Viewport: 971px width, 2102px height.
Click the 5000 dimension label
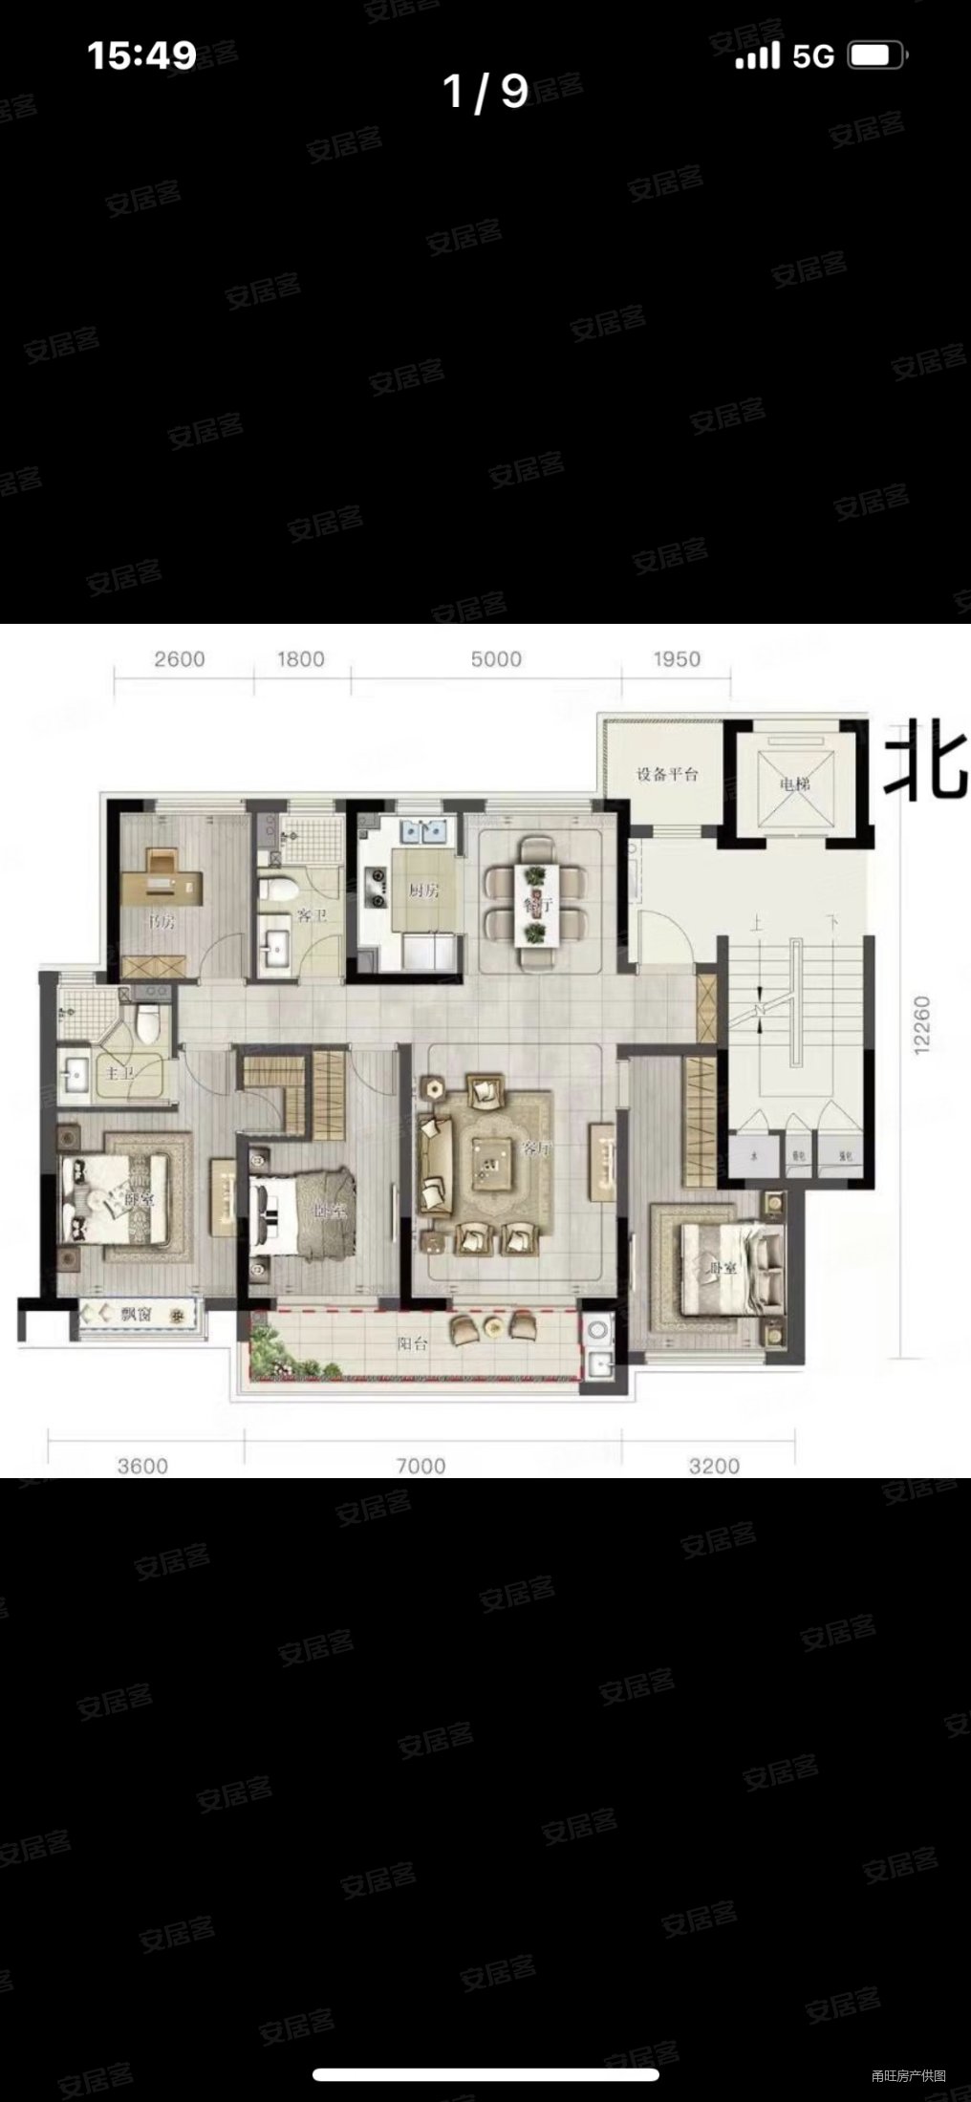[496, 659]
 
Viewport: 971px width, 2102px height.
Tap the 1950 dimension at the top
[677, 659]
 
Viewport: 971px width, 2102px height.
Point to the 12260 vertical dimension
[921, 1025]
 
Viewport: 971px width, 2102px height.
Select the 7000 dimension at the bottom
[421, 1466]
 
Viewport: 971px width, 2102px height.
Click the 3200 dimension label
[714, 1466]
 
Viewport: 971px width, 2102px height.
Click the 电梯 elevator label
[794, 784]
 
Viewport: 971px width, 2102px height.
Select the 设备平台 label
[667, 774]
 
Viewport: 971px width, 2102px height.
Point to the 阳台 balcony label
[413, 1342]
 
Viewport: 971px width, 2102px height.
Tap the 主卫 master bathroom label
[120, 1073]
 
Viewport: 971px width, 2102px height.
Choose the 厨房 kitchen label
[423, 890]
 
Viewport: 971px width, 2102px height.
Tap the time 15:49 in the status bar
[141, 55]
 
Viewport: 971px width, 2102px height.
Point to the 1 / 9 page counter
[485, 92]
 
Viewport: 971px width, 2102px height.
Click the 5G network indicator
[813, 56]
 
